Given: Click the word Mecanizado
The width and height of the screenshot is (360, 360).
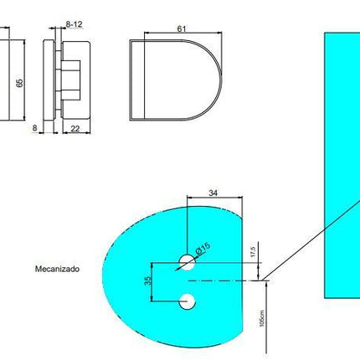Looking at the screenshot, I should [57, 270].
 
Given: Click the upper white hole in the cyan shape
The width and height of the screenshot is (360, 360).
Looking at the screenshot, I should [187, 263].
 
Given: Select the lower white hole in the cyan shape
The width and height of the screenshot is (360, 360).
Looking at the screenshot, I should [187, 301].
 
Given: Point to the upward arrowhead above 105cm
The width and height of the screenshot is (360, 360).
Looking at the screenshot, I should [266, 285].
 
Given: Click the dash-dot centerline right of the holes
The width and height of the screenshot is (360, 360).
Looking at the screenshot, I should [226, 280].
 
